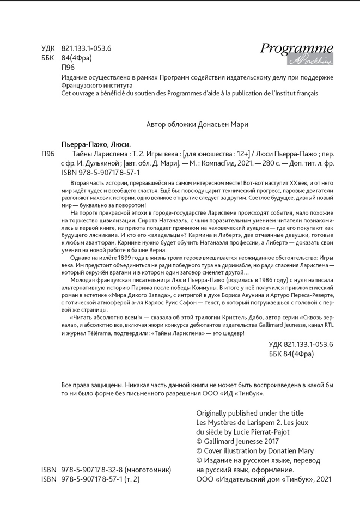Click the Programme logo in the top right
(296, 53)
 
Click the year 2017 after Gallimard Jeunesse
(270, 441)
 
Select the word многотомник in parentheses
(148, 470)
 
